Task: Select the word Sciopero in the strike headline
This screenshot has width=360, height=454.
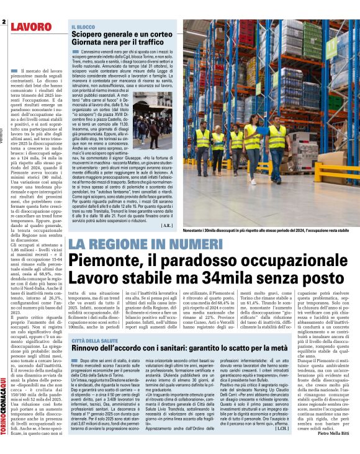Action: [89, 35]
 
